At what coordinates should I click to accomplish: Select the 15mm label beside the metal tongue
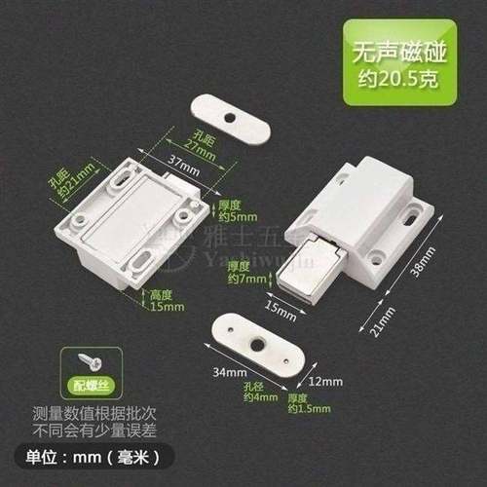click(x=280, y=310)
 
